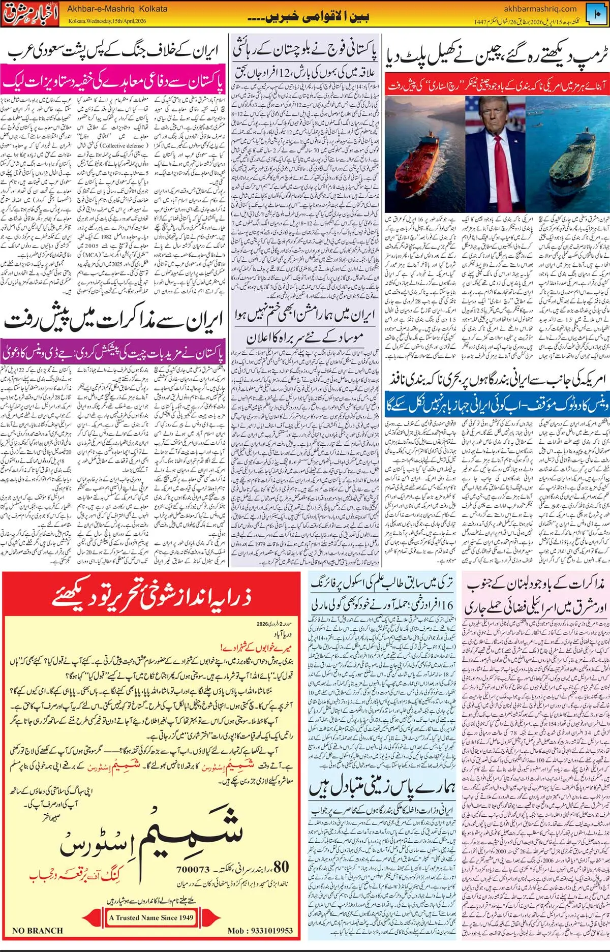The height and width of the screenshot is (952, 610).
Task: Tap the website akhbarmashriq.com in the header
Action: click(x=540, y=9)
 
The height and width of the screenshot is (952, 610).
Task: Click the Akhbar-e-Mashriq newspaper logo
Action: click(x=32, y=14)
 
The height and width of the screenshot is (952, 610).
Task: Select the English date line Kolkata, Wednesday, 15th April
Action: click(x=107, y=21)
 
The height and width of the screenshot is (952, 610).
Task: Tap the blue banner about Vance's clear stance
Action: click(x=496, y=405)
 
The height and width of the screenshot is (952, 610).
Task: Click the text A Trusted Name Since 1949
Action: click(x=151, y=917)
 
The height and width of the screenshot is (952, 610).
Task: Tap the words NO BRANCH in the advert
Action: click(x=38, y=931)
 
